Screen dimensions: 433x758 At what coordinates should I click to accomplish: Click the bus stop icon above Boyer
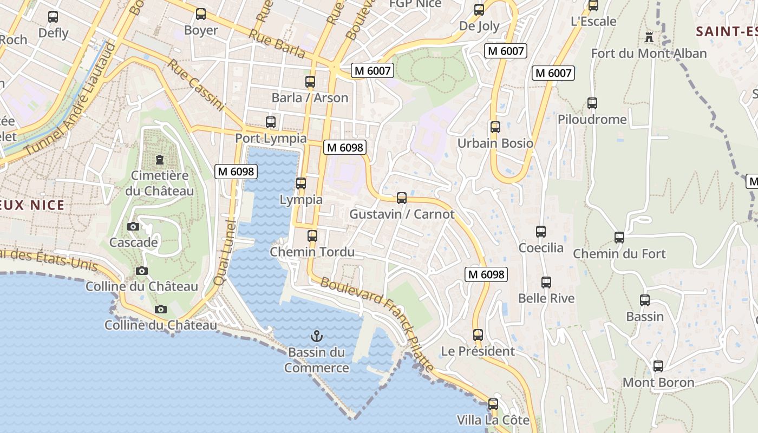point(201,14)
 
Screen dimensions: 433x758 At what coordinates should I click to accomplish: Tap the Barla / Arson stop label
point(310,98)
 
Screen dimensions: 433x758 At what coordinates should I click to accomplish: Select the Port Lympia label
point(271,139)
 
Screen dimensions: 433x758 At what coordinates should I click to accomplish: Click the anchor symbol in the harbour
point(317,337)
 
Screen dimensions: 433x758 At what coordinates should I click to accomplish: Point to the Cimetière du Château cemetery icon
point(160,160)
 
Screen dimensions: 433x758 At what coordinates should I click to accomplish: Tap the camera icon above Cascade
point(133,226)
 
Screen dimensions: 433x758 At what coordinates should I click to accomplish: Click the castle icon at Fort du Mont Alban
point(649,37)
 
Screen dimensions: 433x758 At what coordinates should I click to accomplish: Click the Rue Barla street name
point(277,43)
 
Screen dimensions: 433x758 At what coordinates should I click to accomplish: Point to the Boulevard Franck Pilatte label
point(377,325)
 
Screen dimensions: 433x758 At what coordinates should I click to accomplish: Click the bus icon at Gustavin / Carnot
point(401,198)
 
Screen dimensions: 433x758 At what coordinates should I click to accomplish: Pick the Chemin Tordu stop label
point(312,252)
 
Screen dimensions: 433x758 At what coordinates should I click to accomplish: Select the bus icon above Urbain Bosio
point(495,127)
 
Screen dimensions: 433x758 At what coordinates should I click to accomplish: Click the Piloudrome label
point(592,120)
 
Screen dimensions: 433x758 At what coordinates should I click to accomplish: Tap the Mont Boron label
point(658,383)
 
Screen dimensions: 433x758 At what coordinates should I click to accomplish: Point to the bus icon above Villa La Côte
point(493,404)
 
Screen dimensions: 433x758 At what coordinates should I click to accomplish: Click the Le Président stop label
point(478,351)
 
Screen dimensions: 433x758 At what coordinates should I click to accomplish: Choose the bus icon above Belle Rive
point(546,283)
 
